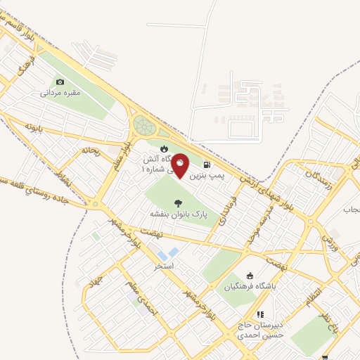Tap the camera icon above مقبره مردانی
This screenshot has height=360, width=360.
coord(60,82)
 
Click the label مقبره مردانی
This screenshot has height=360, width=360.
coord(60,93)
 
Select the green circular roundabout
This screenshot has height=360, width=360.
coord(144,126)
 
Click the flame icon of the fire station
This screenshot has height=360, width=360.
coord(164,149)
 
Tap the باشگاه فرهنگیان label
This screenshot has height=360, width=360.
coord(248,286)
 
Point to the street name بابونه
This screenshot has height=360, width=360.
coord(35,127)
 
